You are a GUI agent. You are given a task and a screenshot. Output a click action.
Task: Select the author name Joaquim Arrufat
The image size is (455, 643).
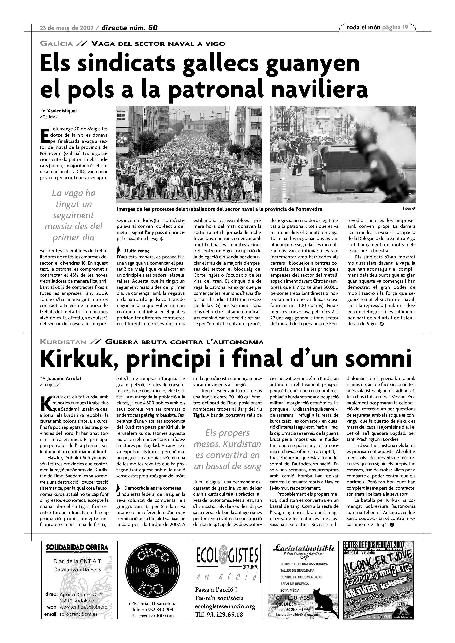click(x=64, y=379)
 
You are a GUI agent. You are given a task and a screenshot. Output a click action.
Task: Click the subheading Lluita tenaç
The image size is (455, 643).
click(x=137, y=251)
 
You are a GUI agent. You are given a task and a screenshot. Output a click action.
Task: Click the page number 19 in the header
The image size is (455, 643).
click(x=405, y=27)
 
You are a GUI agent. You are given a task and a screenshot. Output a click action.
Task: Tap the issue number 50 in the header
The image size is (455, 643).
click(x=153, y=28)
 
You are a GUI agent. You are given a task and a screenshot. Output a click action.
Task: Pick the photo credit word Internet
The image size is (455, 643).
click(x=409, y=208)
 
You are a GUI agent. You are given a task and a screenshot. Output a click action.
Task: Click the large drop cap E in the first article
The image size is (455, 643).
click(x=45, y=135)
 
